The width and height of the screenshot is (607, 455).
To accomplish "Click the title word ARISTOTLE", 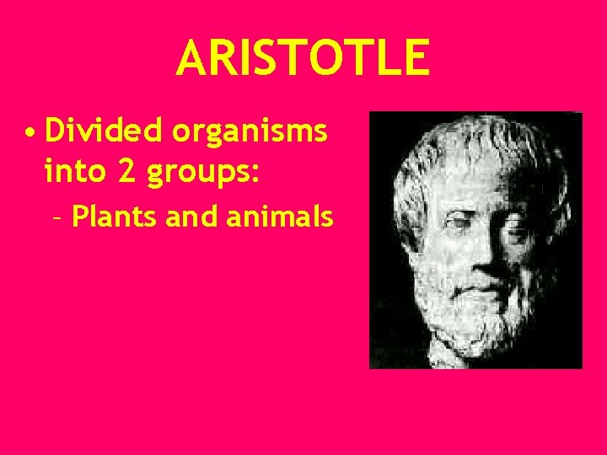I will [303, 57].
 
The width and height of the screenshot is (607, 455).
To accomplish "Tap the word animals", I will [281, 217].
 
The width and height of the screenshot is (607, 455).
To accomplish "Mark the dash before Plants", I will [56, 218].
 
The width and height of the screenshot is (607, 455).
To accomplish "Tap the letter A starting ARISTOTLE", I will [191, 57].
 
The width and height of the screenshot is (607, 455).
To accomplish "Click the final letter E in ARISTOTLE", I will [416, 57].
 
